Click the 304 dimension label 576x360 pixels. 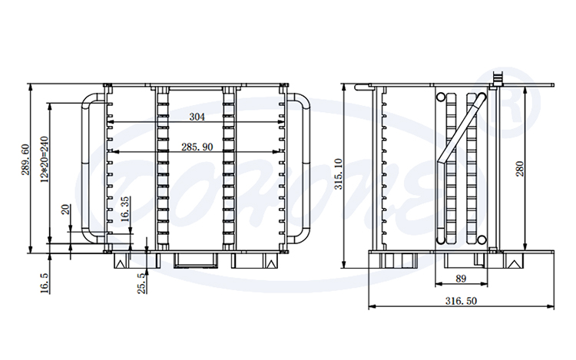tap(197, 117)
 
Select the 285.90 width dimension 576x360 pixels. tap(197, 147)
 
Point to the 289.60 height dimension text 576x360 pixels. tap(25, 160)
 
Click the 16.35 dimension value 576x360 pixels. tap(125, 209)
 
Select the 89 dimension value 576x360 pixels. tap(461, 279)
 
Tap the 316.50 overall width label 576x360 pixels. tap(462, 302)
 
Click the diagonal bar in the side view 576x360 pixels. tap(459, 128)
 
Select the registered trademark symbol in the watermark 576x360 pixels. tap(507, 97)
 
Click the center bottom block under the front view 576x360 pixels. tap(195, 259)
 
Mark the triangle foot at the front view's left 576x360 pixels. tap(121, 262)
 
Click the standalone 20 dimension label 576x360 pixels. tap(66, 209)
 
